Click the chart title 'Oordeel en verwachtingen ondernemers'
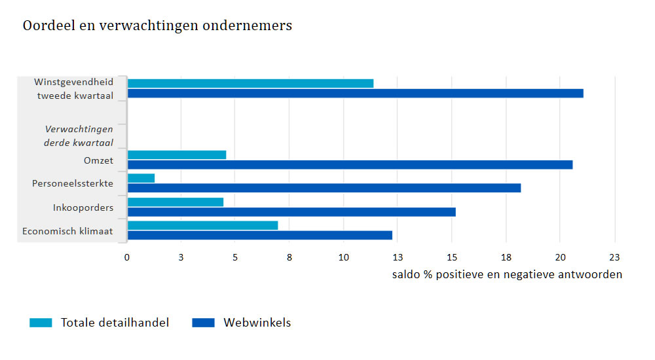point(157,26)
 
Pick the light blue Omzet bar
point(177,154)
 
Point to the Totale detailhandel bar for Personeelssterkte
point(141,178)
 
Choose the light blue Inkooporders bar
point(176,202)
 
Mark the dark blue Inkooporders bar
point(291,211)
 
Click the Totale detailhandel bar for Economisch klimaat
point(202,225)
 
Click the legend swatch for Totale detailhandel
point(41,323)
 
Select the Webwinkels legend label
point(257,323)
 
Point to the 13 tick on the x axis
point(398,257)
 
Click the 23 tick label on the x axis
point(614,257)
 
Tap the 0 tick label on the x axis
point(127,257)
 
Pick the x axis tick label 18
point(506,257)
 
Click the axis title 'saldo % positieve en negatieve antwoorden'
point(507,274)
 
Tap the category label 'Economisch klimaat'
point(67,231)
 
